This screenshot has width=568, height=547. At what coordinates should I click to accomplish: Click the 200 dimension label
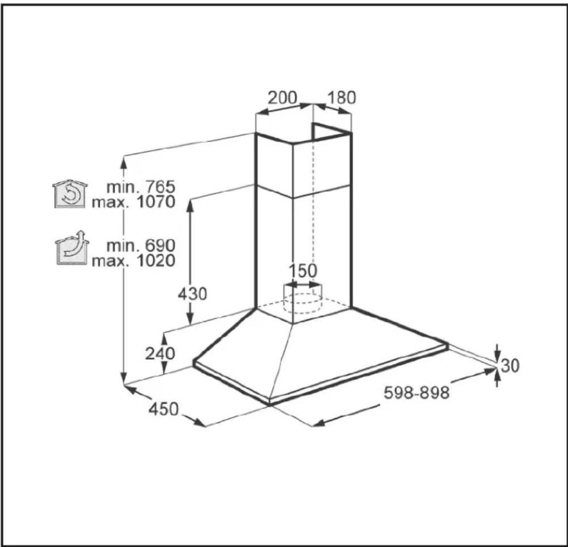pyautogui.click(x=282, y=98)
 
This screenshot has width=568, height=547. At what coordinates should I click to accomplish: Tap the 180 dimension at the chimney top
pyautogui.click(x=342, y=98)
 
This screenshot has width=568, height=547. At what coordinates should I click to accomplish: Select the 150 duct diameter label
pyautogui.click(x=302, y=271)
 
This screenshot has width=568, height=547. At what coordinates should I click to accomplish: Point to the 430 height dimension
pyautogui.click(x=192, y=294)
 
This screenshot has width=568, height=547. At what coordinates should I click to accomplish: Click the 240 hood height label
pyautogui.click(x=160, y=354)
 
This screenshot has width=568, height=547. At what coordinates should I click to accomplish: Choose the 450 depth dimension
pyautogui.click(x=163, y=409)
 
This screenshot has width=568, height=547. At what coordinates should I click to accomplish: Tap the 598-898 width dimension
pyautogui.click(x=416, y=393)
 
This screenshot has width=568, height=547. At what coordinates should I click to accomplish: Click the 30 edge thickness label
pyautogui.click(x=510, y=366)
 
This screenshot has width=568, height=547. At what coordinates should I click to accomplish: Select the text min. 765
pyautogui.click(x=141, y=187)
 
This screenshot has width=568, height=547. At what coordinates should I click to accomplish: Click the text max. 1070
pyautogui.click(x=133, y=202)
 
